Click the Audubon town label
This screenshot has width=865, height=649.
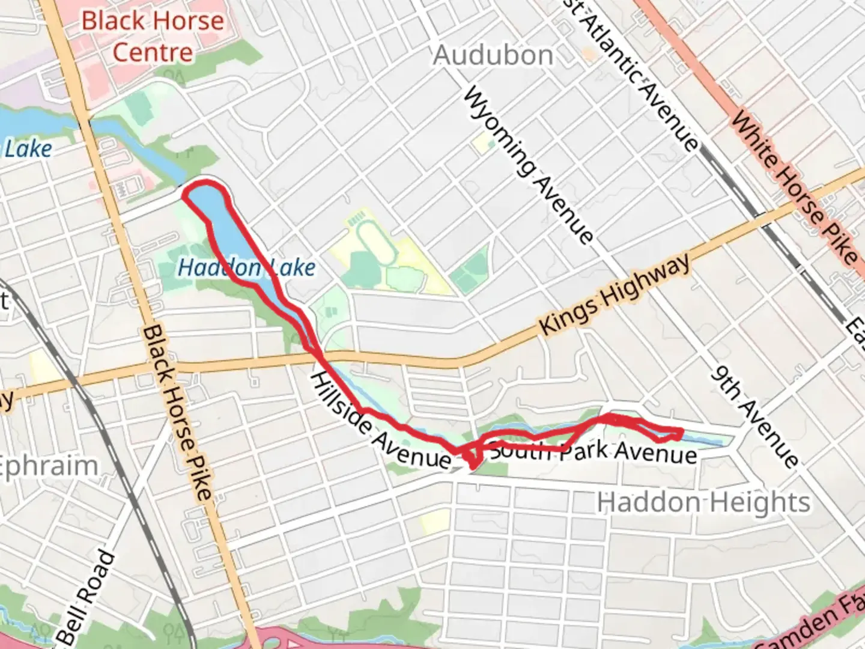pos(493,56)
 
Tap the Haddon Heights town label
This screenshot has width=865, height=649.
pos(703,502)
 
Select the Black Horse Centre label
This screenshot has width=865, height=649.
pos(153,37)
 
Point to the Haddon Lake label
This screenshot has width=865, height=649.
pos(246,267)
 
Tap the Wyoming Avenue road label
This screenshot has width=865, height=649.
pos(528,165)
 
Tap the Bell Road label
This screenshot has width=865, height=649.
pos(87,598)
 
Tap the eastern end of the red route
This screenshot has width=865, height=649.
pos(680,433)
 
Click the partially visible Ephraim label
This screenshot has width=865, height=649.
pos(48,466)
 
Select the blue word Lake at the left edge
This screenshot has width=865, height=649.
pos(28,149)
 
